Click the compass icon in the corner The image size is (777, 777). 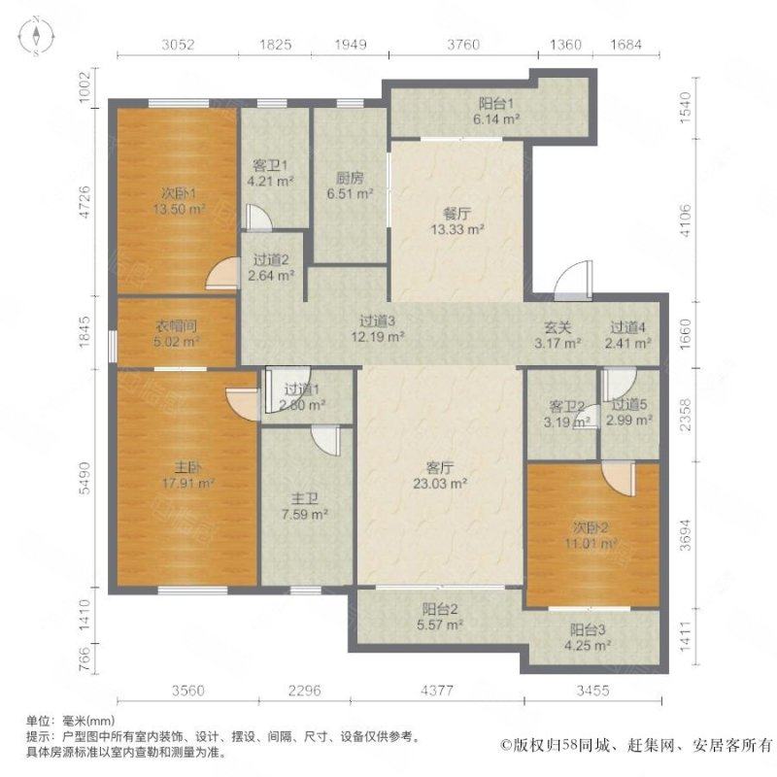35,37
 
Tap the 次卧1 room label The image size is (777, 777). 176,190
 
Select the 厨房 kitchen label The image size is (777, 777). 351,178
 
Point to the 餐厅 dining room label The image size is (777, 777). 457,215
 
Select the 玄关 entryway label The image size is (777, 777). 557,328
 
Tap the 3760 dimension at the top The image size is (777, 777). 462,44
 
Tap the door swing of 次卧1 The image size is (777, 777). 221,275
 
